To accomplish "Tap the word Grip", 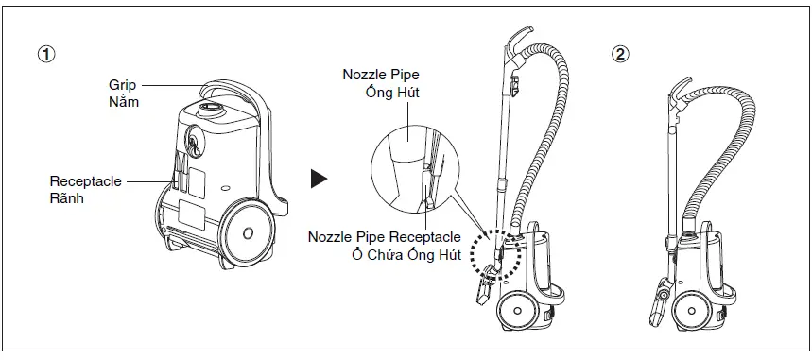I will point(124,85).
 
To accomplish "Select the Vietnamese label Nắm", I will point(123,101).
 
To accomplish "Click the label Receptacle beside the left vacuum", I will point(86,180).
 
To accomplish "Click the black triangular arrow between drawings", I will point(320,178).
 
